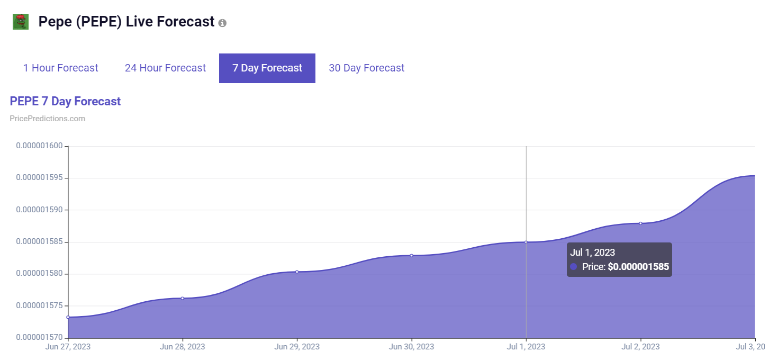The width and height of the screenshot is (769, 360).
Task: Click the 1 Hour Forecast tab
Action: pyautogui.click(x=61, y=68)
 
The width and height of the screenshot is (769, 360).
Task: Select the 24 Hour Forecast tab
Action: pyautogui.click(x=165, y=68)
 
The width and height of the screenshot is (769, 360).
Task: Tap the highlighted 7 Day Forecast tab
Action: pyautogui.click(x=267, y=68)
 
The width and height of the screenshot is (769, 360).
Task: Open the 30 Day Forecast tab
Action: pyautogui.click(x=366, y=68)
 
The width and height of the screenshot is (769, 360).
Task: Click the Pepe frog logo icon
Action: pyautogui.click(x=21, y=22)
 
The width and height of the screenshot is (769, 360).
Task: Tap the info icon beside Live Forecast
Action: pyautogui.click(x=222, y=23)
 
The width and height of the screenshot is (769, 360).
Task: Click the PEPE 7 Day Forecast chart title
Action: pyautogui.click(x=65, y=101)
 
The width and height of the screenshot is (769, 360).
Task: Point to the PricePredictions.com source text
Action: pyautogui.click(x=47, y=119)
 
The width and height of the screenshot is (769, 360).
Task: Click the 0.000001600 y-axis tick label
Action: pyautogui.click(x=39, y=146)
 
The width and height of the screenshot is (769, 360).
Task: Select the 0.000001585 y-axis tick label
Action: pyautogui.click(x=39, y=242)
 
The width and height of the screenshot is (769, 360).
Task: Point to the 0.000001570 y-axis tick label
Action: pyautogui.click(x=39, y=338)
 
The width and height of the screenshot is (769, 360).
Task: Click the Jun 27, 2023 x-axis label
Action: pyautogui.click(x=68, y=347)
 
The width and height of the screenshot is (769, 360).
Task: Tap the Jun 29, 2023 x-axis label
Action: pyautogui.click(x=297, y=347)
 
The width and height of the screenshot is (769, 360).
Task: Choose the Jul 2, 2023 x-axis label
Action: pyautogui.click(x=640, y=347)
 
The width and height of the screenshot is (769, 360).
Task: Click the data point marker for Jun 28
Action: pyautogui.click(x=183, y=298)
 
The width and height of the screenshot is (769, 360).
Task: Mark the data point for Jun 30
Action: pyautogui.click(x=411, y=255)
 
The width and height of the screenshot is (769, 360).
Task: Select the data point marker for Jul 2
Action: pyautogui.click(x=640, y=223)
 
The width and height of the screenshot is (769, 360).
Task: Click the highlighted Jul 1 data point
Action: pyautogui.click(x=526, y=242)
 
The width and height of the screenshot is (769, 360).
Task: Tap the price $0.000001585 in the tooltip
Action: pyautogui.click(x=638, y=267)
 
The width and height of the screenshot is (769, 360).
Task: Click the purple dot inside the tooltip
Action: pyautogui.click(x=574, y=267)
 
